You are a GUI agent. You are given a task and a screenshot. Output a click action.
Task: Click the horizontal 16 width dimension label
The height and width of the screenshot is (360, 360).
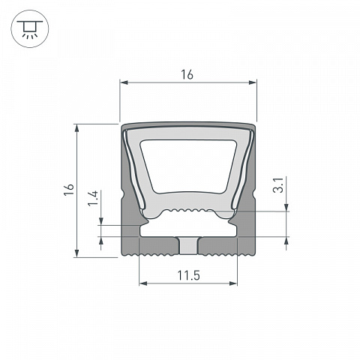pos(187,74)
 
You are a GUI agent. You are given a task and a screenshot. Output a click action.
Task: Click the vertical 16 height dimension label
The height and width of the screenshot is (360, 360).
pos(69,190)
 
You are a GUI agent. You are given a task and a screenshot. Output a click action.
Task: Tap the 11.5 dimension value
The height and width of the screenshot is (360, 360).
pos(189,275)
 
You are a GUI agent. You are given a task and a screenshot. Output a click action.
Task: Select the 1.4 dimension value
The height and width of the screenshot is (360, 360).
pos(93,198)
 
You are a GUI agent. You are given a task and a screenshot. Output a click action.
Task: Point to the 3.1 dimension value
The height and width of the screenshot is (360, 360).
pos(278,185)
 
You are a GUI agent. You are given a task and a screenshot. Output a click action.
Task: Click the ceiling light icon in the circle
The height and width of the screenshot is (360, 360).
pos(30,28)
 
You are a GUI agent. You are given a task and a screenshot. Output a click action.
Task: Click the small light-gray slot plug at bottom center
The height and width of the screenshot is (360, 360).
pos(188,246)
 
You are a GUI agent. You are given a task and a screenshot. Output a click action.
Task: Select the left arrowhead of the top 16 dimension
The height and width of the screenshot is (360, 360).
pos(124,82)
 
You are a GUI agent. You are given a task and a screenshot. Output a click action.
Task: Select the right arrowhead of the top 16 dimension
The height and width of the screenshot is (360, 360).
pos(253,82)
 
